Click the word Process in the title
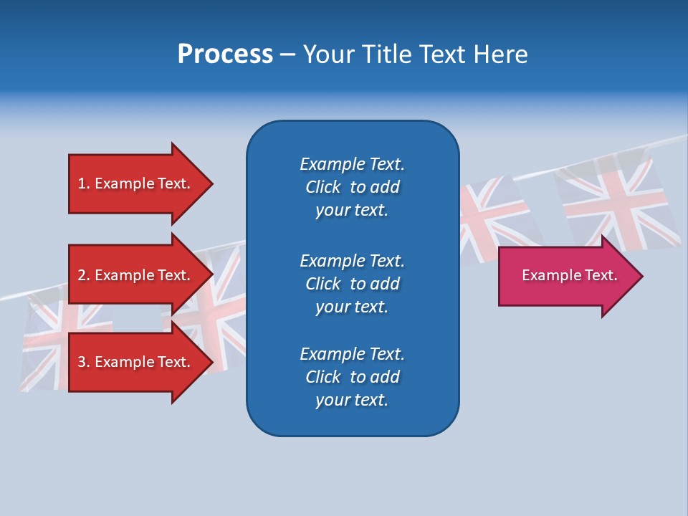[x=225, y=54]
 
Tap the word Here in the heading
[x=501, y=54]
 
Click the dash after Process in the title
[x=287, y=55]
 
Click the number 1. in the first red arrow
[x=84, y=183]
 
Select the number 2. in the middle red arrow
[x=84, y=275]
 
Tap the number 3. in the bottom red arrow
[x=84, y=362]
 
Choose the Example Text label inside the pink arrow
[x=569, y=275]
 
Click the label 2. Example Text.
[x=134, y=275]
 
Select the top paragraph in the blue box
[x=352, y=187]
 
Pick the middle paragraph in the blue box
[x=352, y=283]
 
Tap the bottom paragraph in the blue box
[x=352, y=377]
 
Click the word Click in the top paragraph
[x=323, y=187]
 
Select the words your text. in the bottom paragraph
[x=352, y=400]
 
